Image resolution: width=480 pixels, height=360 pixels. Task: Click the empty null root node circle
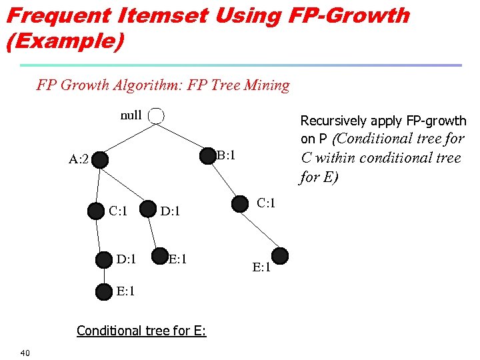click(155, 115)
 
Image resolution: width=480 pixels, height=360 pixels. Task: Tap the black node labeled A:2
click(99, 160)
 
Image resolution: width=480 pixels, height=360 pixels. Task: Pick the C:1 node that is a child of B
click(241, 203)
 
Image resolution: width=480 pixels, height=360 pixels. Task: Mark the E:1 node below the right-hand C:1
click(281, 255)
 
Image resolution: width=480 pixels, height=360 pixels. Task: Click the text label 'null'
click(131, 115)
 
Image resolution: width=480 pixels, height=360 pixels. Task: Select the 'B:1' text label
click(227, 156)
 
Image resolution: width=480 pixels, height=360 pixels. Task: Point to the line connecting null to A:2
click(127, 138)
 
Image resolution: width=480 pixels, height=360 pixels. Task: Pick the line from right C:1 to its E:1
click(261, 229)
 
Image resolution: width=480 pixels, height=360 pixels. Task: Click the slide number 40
click(25, 352)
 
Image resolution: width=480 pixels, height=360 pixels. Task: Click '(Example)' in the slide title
click(65, 41)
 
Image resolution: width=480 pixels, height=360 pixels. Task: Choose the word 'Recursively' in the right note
click(333, 121)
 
